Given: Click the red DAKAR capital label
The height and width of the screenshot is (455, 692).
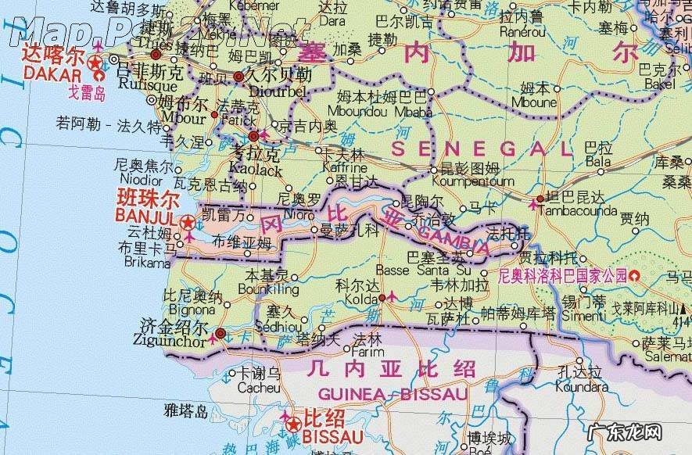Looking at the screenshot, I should [52, 75].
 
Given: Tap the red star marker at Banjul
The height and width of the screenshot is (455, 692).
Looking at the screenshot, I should [188, 224].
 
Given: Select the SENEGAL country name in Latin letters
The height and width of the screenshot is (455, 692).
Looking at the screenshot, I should [482, 149].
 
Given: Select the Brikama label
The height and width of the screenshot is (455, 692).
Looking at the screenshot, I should [146, 262].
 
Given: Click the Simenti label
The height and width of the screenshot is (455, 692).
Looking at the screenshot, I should [583, 313].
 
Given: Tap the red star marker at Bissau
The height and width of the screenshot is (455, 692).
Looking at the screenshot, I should [292, 425].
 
